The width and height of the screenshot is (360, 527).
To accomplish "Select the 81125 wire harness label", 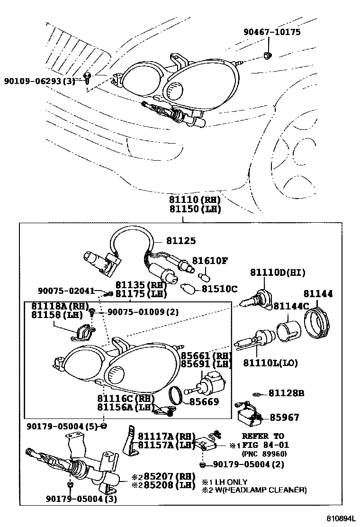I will (x=180, y=241).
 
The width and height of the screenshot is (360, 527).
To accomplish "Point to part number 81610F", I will (x=209, y=261).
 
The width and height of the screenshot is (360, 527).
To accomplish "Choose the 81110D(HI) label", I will (x=278, y=273).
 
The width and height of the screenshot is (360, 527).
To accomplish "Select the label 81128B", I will (x=286, y=393).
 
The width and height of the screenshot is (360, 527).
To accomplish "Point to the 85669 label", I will (x=204, y=402).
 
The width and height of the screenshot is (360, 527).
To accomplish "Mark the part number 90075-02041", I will (x=66, y=291).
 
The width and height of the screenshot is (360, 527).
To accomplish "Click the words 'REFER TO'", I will (x=263, y=436).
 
